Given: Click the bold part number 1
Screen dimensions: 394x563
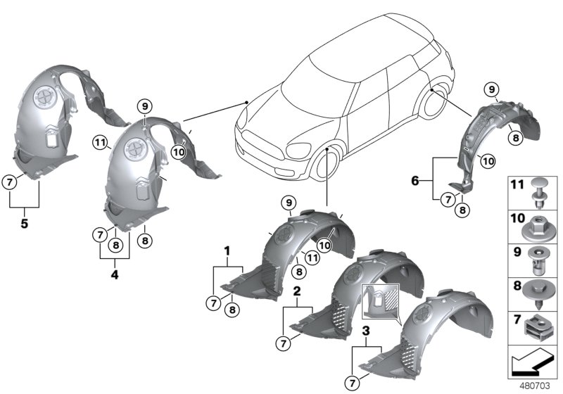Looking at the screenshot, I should click(227, 250).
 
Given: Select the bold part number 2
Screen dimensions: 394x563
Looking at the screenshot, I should click(297, 290).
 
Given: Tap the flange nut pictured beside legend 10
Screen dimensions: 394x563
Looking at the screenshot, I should click(539, 227).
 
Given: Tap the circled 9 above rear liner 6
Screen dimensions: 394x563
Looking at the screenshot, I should click(492, 89).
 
